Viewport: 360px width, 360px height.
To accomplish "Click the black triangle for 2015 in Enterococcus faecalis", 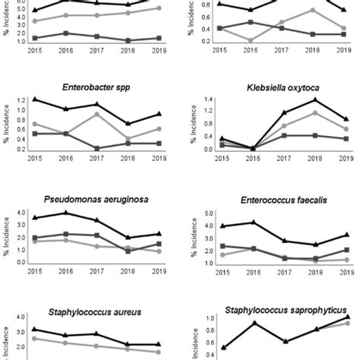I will [222, 226].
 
